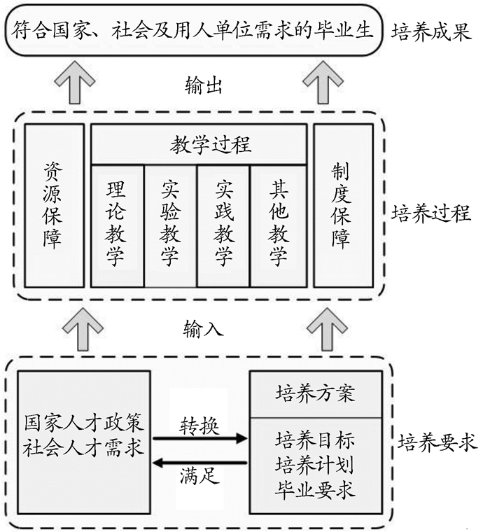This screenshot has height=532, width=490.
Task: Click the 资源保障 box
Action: pos(53,205)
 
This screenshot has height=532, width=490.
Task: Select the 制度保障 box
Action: pos(342,205)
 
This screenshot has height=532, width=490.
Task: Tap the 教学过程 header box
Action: pos(199,145)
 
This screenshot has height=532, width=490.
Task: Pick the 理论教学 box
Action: pos(117,225)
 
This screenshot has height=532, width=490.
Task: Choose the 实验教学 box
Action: pos(170,225)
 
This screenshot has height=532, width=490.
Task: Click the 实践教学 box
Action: pos(223,225)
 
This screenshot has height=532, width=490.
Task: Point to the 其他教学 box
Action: pos(278,225)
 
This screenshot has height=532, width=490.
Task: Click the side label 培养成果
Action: pos(432,32)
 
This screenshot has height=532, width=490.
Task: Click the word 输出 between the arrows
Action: pos(204,86)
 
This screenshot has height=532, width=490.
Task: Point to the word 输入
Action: pos(204,328)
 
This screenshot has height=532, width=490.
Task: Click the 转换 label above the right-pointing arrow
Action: pos(199,425)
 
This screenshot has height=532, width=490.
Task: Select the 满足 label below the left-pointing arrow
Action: pos(199,479)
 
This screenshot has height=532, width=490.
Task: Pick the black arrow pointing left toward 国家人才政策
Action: pos(200,462)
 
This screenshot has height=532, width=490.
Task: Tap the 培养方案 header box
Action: pos(316,393)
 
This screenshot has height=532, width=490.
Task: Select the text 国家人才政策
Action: pos(83,423)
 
